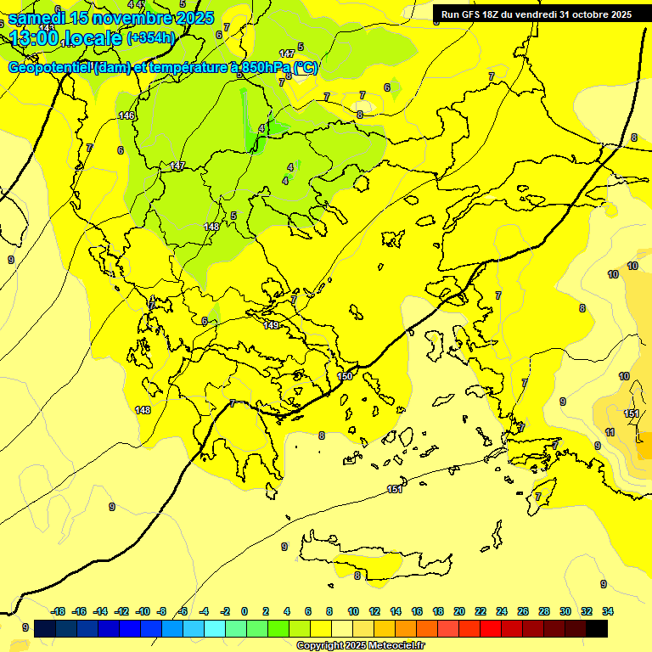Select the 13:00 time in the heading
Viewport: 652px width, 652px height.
[34, 37]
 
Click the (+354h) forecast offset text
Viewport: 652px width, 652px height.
[150, 37]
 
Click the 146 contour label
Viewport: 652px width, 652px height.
[126, 115]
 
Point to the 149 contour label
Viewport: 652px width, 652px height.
[271, 325]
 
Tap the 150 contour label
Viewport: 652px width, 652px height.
[345, 376]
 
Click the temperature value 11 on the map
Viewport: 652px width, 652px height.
[610, 433]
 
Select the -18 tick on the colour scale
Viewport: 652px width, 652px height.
[59, 611]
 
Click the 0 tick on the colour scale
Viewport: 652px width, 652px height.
[244, 611]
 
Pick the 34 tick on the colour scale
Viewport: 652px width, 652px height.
[608, 611]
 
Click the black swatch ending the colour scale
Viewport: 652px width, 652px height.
[597, 628]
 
